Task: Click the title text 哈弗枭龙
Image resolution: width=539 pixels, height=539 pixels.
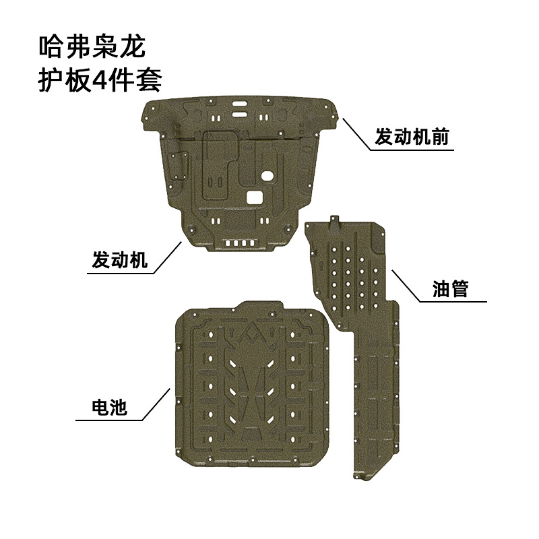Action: (93, 48)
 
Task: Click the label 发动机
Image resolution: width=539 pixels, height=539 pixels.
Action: (119, 260)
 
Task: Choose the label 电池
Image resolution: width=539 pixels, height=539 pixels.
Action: (108, 406)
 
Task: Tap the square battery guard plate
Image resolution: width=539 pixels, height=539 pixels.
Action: (253, 384)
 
